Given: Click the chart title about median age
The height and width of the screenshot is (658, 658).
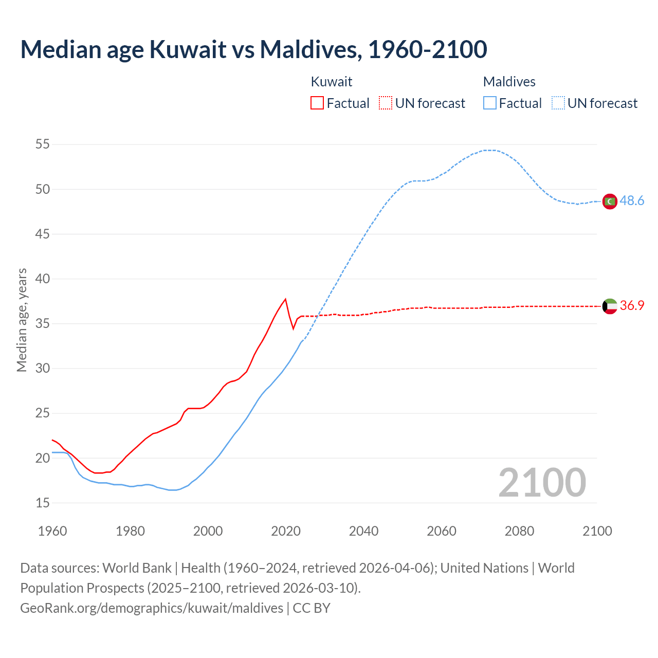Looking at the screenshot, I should point(253,50).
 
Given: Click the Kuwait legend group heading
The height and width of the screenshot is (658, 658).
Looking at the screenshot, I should point(332,82).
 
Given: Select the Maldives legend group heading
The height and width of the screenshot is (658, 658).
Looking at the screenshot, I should point(509,82).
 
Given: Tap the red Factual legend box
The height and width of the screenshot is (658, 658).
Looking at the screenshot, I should point(317,103).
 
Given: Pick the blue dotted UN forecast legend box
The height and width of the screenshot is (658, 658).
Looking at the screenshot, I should point(558,103).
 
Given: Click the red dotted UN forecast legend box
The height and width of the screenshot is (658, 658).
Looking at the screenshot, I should point(386,103).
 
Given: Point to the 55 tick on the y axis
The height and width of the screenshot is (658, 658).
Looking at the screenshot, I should point(43,144).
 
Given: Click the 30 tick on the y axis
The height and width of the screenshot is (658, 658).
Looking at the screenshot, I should point(43,369).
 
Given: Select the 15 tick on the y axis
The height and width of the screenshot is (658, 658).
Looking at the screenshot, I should point(43,503).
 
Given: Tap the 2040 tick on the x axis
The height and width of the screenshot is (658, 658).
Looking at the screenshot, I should point(363,531).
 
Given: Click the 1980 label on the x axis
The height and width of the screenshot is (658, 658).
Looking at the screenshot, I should point(130,531).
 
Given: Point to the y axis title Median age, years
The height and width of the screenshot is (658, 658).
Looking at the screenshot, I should point(22,320).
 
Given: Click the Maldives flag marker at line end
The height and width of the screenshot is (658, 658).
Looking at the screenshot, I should point(610,202).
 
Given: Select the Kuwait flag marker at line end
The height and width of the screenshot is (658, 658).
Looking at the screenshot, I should point(610,306).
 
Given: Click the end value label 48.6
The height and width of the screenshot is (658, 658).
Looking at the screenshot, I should point(632,201).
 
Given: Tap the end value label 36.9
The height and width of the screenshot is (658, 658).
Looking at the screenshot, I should point(632,306).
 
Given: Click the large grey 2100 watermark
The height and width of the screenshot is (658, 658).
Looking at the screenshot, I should point(542,483).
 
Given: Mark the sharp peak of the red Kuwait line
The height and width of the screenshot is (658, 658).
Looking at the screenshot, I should point(285,299).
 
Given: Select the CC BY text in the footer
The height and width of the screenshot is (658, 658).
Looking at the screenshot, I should point(312,608).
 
